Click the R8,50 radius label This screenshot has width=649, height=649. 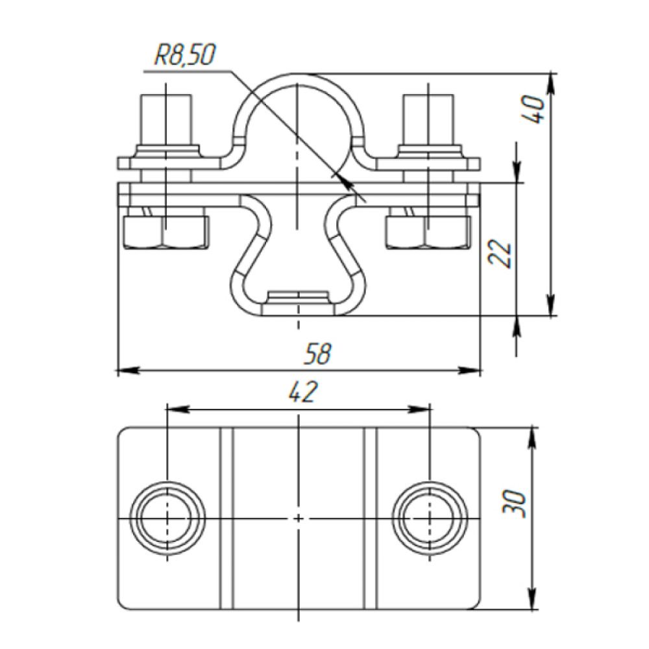point(184,56)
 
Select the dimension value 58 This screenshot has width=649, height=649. point(317,354)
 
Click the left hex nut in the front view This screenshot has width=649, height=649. point(166,232)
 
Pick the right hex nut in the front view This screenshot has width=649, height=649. point(427,232)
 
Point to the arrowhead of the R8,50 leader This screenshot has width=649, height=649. point(349,185)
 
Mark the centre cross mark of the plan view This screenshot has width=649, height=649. point(298,519)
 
